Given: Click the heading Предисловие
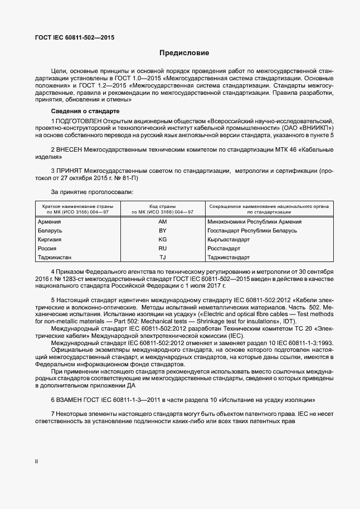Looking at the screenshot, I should point(184,54).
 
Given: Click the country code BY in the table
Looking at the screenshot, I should point(163,230).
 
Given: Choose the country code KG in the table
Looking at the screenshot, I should point(163,239).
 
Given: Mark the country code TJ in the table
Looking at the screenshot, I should point(163,257).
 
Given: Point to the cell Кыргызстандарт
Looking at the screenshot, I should point(228,239).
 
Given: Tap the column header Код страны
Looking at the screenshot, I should point(163,206).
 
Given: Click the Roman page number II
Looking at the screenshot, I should point(36,462).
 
